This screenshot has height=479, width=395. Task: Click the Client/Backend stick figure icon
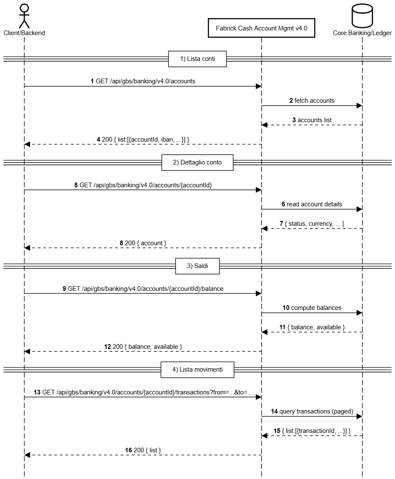click(24, 16)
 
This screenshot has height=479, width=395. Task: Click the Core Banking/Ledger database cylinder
click(362, 16)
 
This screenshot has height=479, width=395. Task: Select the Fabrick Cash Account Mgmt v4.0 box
click(261, 28)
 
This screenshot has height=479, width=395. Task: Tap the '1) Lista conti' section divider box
click(197, 59)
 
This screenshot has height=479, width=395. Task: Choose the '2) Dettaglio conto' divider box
click(197, 162)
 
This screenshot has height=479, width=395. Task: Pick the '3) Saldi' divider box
click(197, 266)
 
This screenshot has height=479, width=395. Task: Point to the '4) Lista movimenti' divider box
click(197, 370)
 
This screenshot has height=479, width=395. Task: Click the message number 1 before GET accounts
click(92, 81)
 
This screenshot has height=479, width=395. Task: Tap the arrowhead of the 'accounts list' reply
click(265, 125)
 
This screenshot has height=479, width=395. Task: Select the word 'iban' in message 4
click(167, 140)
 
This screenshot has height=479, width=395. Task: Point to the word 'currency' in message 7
click(321, 224)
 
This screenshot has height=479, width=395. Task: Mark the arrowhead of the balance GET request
click(258, 293)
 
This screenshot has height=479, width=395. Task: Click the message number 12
click(107, 347)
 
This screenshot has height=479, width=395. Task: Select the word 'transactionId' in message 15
click(316, 431)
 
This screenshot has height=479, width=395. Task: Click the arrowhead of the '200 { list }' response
click(27, 455)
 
